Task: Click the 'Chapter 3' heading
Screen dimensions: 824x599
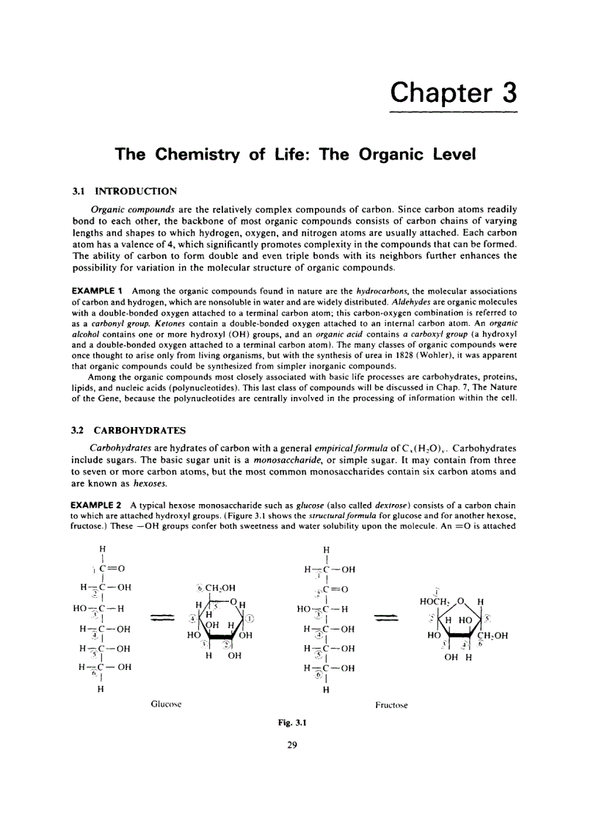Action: [453, 93]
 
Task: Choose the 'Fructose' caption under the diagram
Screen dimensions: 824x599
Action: [391, 705]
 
